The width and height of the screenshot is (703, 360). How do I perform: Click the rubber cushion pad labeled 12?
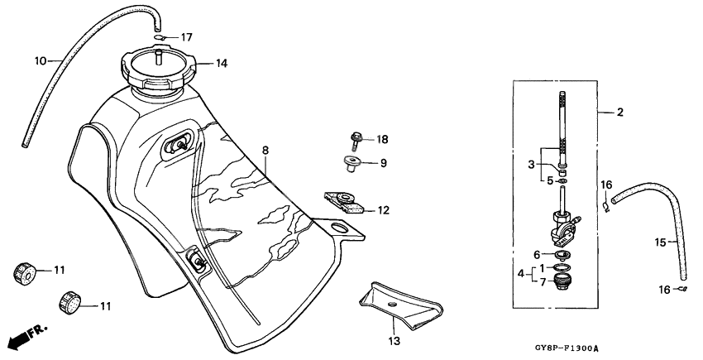point(345,202)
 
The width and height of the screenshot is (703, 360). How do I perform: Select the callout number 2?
point(619,113)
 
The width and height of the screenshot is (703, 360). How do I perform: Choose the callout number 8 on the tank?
point(265,151)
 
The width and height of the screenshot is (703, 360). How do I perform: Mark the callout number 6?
point(536,255)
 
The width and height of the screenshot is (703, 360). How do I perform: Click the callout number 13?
point(394,340)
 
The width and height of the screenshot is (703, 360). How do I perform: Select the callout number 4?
point(520,273)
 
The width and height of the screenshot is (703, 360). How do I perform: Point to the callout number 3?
point(532,165)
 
